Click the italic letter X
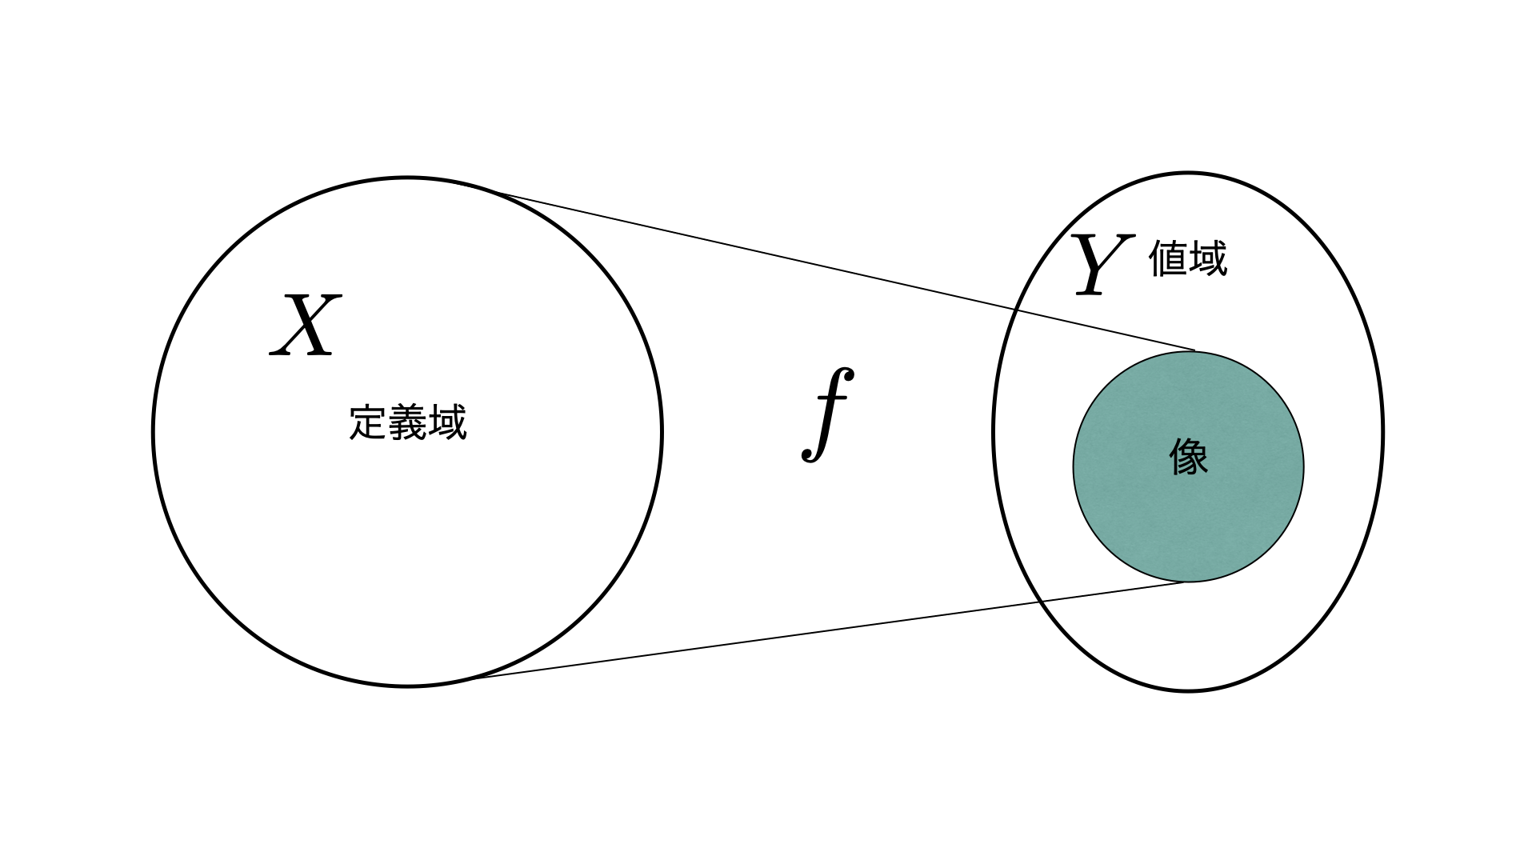[306, 325]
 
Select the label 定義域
[408, 422]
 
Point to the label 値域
[1188, 258]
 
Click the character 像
[1189, 458]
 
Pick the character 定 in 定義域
[369, 422]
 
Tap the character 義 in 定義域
[408, 422]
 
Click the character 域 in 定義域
[447, 422]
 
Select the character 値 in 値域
[1168, 258]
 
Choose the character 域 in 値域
[1208, 258]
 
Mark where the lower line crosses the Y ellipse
[1042, 601]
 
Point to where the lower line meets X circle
[472, 678]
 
